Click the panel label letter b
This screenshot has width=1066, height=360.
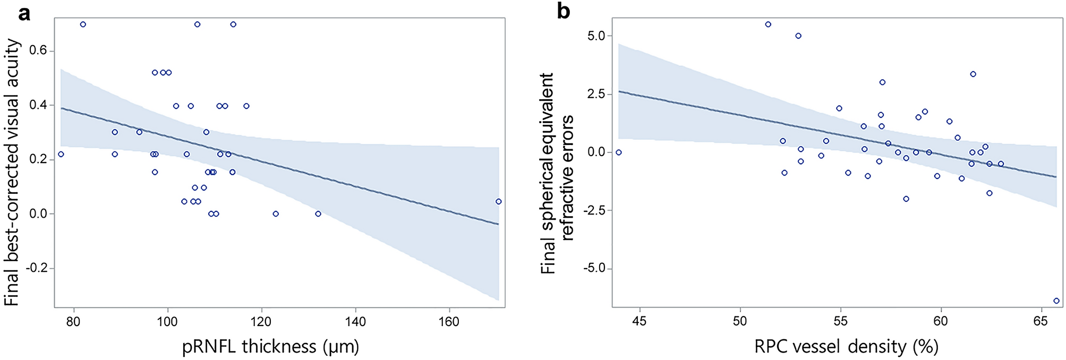coord(564,12)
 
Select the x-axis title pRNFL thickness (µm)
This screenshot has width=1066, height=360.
coord(271,347)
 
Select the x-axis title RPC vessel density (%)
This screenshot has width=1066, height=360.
coord(846,347)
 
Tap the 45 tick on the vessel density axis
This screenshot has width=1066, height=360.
coord(639,322)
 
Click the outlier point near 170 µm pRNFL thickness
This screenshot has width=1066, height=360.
coord(498,201)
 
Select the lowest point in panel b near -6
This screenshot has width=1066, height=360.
coord(1056,301)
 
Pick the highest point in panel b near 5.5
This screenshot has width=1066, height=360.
coord(768,24)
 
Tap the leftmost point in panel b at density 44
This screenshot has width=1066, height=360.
coord(618,152)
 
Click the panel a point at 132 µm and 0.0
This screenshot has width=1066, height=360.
coord(318,213)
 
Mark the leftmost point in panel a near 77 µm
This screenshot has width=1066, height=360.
coord(61,154)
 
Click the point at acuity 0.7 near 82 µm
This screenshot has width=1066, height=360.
coord(83,24)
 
